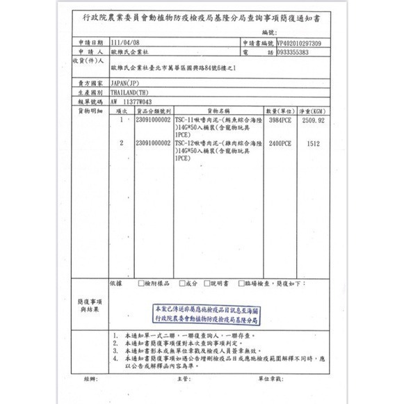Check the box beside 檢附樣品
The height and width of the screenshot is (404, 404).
(x=141, y=284)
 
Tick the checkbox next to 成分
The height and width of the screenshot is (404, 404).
(x=181, y=284)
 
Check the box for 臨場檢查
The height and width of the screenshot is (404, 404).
(x=241, y=284)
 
